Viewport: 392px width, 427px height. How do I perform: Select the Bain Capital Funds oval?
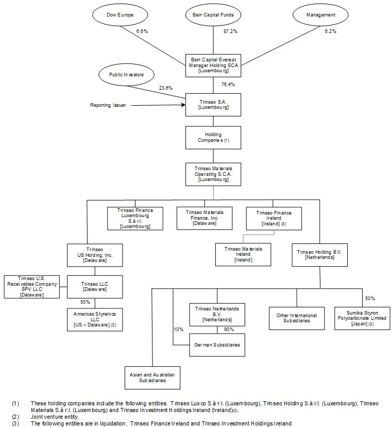tap(213, 15)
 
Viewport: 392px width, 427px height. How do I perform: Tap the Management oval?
tap(320, 15)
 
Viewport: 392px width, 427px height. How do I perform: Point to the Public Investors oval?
tap(126, 75)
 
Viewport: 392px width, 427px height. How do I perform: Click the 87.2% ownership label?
tap(230, 31)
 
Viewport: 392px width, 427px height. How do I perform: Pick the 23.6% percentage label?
tap(165, 88)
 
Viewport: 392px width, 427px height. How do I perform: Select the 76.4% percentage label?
tap(228, 84)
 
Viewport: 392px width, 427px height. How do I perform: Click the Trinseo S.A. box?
tap(213, 105)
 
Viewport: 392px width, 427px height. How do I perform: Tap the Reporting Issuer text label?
tap(108, 105)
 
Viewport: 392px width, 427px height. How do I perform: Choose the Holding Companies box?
tap(213, 138)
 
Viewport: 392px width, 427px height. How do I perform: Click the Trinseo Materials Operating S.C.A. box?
tap(213, 174)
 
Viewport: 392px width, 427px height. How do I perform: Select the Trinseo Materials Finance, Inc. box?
tap(204, 218)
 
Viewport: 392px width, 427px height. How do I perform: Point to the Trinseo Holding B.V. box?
tap(320, 254)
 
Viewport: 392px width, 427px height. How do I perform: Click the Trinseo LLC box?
tap(95, 286)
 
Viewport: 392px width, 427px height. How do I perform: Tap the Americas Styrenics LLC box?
tap(95, 319)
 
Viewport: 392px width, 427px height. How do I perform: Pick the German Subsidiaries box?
tap(216, 345)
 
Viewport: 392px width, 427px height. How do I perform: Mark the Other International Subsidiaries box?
tap(297, 318)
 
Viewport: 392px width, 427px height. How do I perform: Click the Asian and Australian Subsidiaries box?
tap(152, 377)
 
